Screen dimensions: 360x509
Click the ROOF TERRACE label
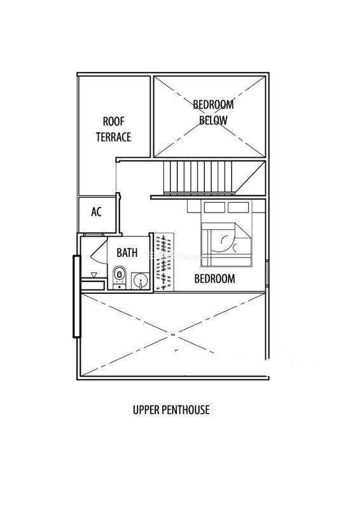(114, 130)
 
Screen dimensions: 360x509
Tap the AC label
(97, 212)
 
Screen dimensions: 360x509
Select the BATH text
(127, 253)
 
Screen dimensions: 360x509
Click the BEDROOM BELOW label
(213, 113)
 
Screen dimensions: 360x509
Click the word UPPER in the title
(146, 410)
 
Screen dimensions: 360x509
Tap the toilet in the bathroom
(120, 277)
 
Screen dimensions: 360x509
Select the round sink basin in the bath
(140, 280)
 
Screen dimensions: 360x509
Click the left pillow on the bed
(214, 207)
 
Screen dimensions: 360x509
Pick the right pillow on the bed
(239, 207)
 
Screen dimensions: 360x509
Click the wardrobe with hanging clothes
(164, 261)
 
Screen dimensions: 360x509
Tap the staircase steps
(198, 178)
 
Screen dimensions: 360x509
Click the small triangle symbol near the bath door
(94, 275)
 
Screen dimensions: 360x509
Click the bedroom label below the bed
(214, 279)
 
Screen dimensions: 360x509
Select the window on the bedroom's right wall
(267, 273)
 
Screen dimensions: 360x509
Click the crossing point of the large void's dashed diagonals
(172, 334)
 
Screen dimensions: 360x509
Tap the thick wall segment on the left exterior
(76, 296)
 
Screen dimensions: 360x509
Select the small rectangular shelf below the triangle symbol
(92, 285)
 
